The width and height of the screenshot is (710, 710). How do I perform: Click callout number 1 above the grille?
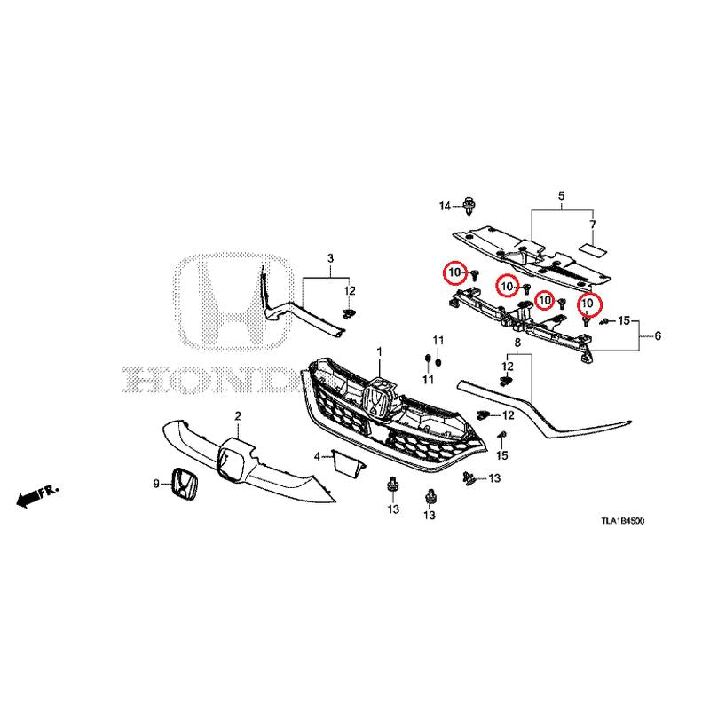(380, 351)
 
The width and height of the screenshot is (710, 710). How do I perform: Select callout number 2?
(238, 415)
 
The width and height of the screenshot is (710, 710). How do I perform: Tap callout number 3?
(330, 258)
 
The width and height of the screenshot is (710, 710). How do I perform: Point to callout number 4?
(317, 456)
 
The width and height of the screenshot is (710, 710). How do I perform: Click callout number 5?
(562, 196)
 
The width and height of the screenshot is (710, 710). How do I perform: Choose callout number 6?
(658, 335)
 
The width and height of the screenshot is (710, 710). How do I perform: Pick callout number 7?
(592, 225)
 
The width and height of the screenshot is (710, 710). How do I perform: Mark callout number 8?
(517, 342)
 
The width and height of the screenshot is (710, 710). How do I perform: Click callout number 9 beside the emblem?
(156, 484)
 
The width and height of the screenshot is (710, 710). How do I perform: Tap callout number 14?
(446, 207)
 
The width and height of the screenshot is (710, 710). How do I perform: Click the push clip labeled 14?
(469, 206)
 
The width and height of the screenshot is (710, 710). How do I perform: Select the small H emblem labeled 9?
(184, 484)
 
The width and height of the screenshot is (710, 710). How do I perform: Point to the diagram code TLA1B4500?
(623, 521)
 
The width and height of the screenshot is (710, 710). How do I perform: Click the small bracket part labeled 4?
(348, 462)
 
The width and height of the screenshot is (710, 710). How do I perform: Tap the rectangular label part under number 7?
(594, 249)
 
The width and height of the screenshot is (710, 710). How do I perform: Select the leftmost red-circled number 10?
(454, 272)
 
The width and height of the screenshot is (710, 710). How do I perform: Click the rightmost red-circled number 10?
(589, 304)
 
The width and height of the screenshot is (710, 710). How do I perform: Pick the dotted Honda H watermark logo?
(233, 301)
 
